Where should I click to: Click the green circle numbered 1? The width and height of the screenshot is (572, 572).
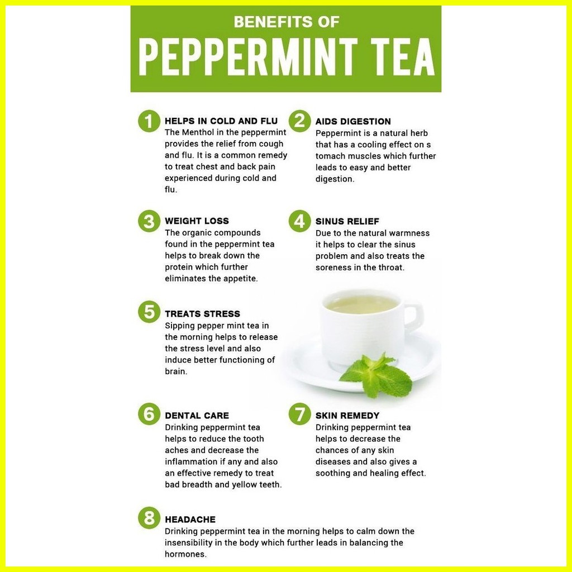(x=149, y=121)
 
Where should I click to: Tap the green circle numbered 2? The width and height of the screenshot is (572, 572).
(x=300, y=121)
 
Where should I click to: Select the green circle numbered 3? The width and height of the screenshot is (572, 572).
(x=149, y=221)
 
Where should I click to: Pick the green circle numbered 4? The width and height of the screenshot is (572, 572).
(x=300, y=221)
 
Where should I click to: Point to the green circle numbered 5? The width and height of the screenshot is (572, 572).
(x=149, y=312)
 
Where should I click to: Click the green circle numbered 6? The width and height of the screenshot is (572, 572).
(x=149, y=414)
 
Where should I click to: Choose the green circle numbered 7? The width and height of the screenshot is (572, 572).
(x=300, y=414)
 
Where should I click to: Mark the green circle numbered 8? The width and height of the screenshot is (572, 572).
(x=149, y=518)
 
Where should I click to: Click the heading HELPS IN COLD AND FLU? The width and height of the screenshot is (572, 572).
(x=221, y=121)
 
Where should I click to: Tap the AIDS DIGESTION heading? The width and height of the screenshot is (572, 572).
(x=353, y=122)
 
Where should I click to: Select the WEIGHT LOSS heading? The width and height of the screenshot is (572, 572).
(x=197, y=221)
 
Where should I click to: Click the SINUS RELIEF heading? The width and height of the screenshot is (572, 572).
(x=347, y=222)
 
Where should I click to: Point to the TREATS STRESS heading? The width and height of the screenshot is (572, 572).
(x=202, y=314)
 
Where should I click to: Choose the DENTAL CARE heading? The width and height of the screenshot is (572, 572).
(x=197, y=416)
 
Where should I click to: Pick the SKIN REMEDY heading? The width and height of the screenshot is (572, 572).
(x=347, y=416)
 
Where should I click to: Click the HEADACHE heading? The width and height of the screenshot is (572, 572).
(x=190, y=520)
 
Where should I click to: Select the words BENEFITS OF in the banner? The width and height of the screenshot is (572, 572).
(x=286, y=22)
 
